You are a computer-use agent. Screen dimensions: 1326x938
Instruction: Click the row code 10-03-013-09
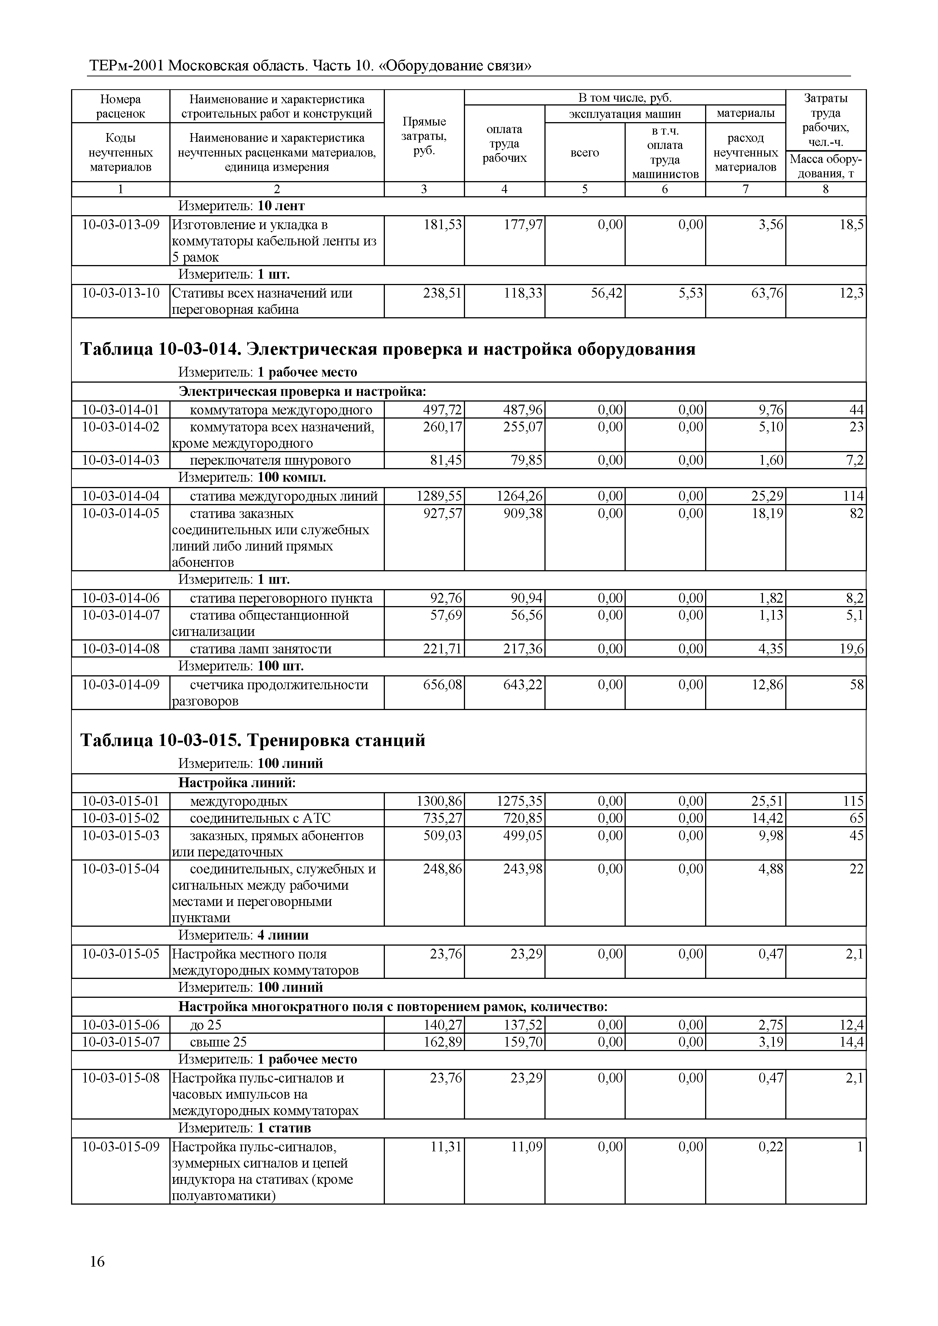tap(121, 225)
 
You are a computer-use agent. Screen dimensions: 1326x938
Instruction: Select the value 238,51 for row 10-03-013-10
tap(442, 293)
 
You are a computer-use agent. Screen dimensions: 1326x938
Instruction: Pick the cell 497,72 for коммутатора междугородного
tap(442, 410)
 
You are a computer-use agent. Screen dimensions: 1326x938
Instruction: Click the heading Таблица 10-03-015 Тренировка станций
tap(253, 740)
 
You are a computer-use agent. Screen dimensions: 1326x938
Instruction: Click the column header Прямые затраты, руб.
tap(424, 136)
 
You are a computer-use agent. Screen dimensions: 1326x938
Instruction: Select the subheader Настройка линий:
tap(237, 783)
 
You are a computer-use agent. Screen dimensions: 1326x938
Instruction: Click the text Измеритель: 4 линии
tap(243, 935)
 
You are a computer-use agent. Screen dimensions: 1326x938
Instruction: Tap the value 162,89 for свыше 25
tap(442, 1042)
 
